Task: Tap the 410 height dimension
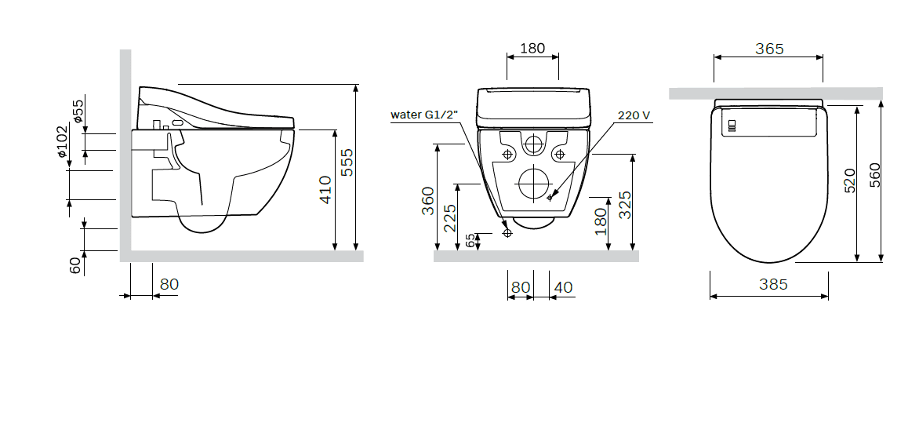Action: click(325, 189)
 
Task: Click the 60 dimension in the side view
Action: click(75, 265)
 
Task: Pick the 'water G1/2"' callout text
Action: click(424, 115)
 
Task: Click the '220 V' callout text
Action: click(634, 115)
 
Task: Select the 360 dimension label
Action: click(428, 201)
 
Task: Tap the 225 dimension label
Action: click(449, 217)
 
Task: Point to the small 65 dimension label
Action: click(470, 241)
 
